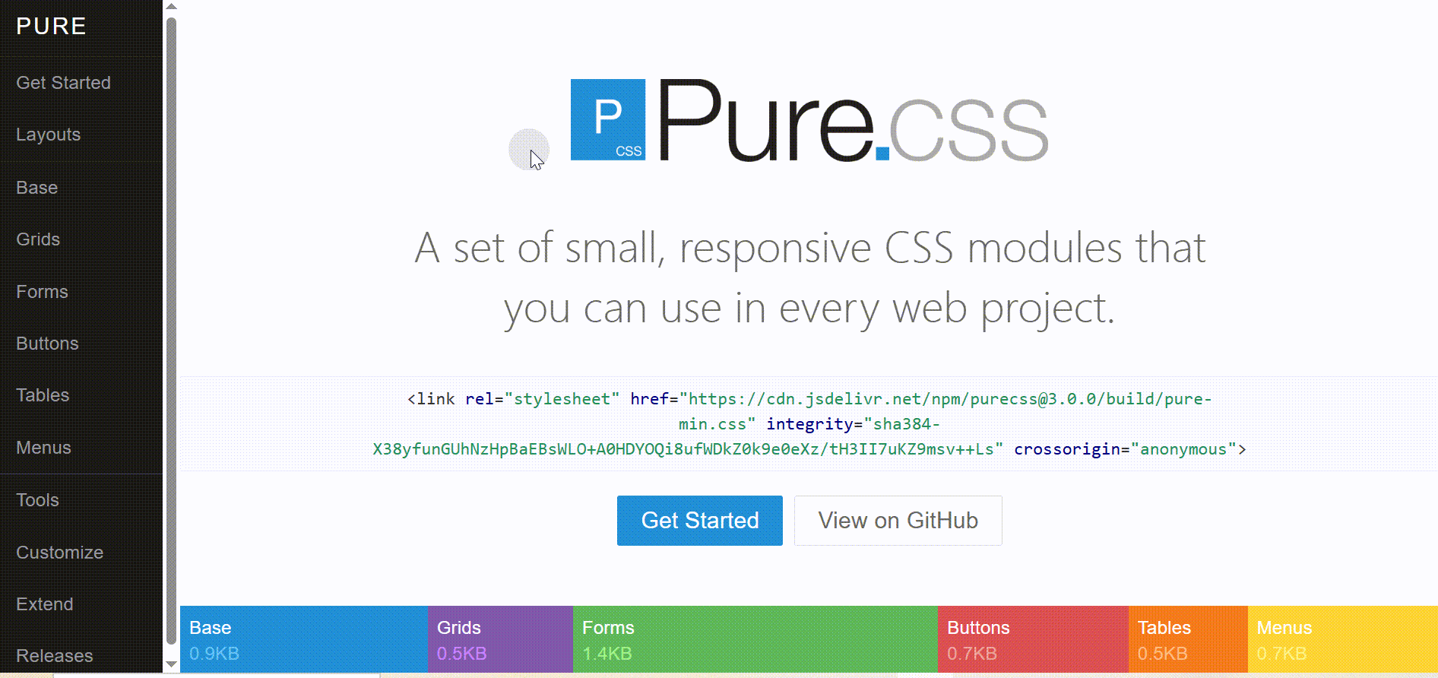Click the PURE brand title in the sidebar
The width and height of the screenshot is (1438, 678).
(51, 27)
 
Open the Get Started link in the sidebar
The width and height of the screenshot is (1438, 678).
(63, 83)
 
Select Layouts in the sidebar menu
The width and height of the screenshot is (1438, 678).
(48, 135)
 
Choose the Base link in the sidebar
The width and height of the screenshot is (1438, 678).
(36, 187)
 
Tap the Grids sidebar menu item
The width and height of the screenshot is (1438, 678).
(38, 239)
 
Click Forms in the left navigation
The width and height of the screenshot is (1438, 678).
(42, 292)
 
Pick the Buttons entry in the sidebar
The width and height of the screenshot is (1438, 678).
(47, 344)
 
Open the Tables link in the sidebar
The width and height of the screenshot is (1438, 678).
(43, 395)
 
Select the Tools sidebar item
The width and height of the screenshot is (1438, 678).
(37, 500)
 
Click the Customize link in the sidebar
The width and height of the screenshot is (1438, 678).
(59, 553)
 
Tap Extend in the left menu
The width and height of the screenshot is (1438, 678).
(45, 604)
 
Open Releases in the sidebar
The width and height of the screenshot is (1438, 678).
(55, 656)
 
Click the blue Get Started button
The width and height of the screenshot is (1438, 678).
(700, 521)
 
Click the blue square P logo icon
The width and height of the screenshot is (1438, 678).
(608, 119)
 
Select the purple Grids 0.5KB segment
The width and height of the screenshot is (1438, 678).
(500, 639)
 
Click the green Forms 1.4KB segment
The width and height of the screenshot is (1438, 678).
(755, 639)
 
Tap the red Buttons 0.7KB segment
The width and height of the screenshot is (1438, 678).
(1033, 639)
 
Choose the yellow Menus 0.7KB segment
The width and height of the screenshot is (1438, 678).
(1343, 639)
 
